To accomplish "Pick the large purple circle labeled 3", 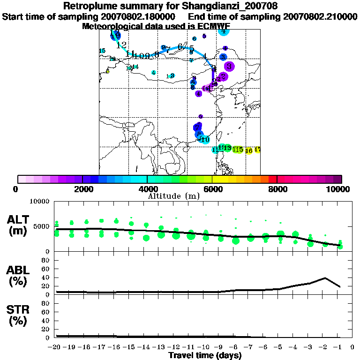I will (229, 66).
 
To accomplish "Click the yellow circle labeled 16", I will (249, 150).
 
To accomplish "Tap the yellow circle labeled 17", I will (257, 150).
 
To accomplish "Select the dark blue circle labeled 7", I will (198, 127).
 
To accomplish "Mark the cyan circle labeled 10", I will (205, 139).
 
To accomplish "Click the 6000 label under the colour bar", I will (212, 189).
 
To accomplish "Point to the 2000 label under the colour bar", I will (82, 189).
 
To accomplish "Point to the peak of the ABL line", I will (325, 278).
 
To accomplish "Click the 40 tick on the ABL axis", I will (46, 277).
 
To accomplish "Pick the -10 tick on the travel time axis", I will (205, 347).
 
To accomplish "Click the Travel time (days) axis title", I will (205, 355).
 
